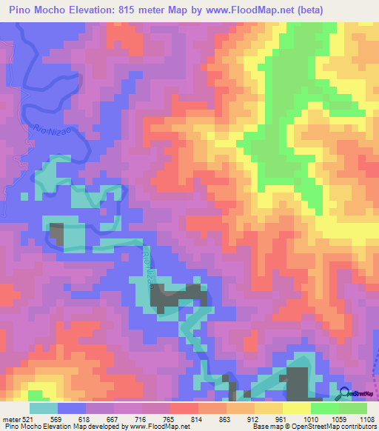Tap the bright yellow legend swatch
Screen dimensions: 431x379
(296, 408)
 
